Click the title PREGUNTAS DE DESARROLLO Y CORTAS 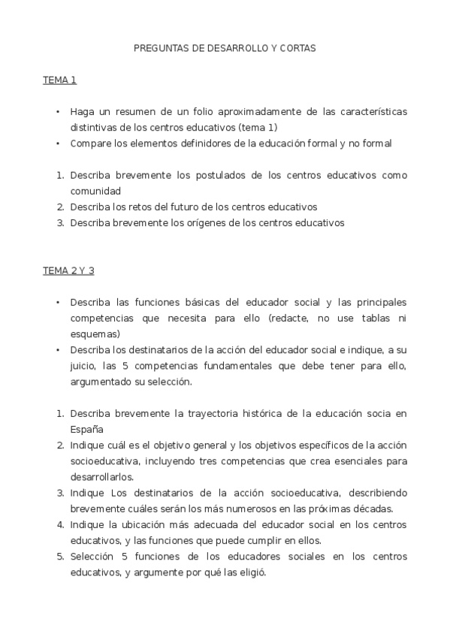pyautogui.click(x=225, y=47)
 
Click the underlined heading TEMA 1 pyautogui.click(x=59, y=80)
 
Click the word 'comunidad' pyautogui.click(x=95, y=190)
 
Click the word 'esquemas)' pyautogui.click(x=95, y=334)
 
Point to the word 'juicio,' pyautogui.click(x=86, y=366)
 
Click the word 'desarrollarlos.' pyautogui.click(x=102, y=476)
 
